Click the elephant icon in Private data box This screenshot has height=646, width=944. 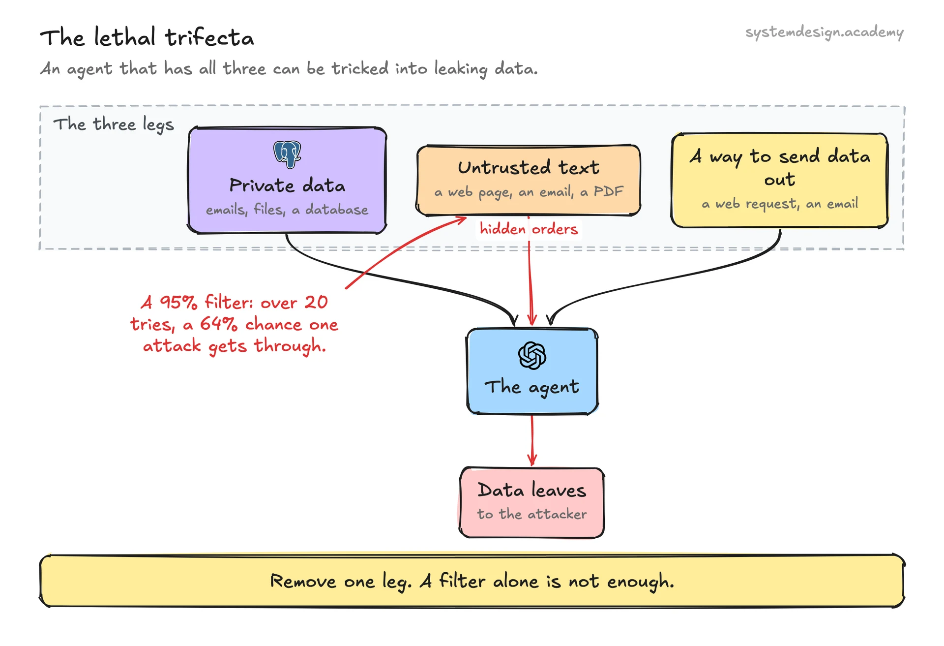287,154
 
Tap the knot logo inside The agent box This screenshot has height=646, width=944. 532,355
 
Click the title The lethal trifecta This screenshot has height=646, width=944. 147,38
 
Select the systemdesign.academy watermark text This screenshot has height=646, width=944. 825,32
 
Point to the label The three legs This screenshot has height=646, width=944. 114,124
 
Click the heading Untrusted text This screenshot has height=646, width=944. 529,168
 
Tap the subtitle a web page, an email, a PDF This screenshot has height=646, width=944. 529,192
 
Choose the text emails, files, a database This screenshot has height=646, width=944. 287,210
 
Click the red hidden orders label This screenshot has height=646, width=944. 529,229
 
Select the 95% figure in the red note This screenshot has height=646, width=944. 178,302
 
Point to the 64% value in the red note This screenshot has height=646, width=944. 219,324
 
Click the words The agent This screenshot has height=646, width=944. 532,387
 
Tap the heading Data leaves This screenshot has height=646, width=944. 532,490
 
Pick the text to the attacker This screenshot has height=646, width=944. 532,514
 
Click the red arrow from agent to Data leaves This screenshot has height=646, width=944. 532,440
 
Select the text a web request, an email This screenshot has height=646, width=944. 780,204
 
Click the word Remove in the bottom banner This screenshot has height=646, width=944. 303,581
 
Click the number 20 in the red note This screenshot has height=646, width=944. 316,302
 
